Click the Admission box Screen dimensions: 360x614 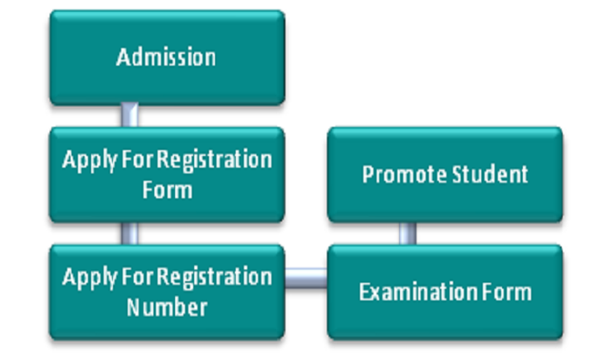click(166, 57)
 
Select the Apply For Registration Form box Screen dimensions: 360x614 click(166, 174)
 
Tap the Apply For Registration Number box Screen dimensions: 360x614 click(166, 291)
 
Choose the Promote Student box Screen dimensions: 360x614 click(445, 174)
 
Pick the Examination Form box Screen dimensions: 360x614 click(445, 291)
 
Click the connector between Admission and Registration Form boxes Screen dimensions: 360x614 click(129, 115)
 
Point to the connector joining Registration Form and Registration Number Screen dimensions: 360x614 click(129, 233)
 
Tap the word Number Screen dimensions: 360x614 click(166, 307)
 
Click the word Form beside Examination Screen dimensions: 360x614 click(509, 292)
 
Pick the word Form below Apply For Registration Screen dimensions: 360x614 click(166, 190)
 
